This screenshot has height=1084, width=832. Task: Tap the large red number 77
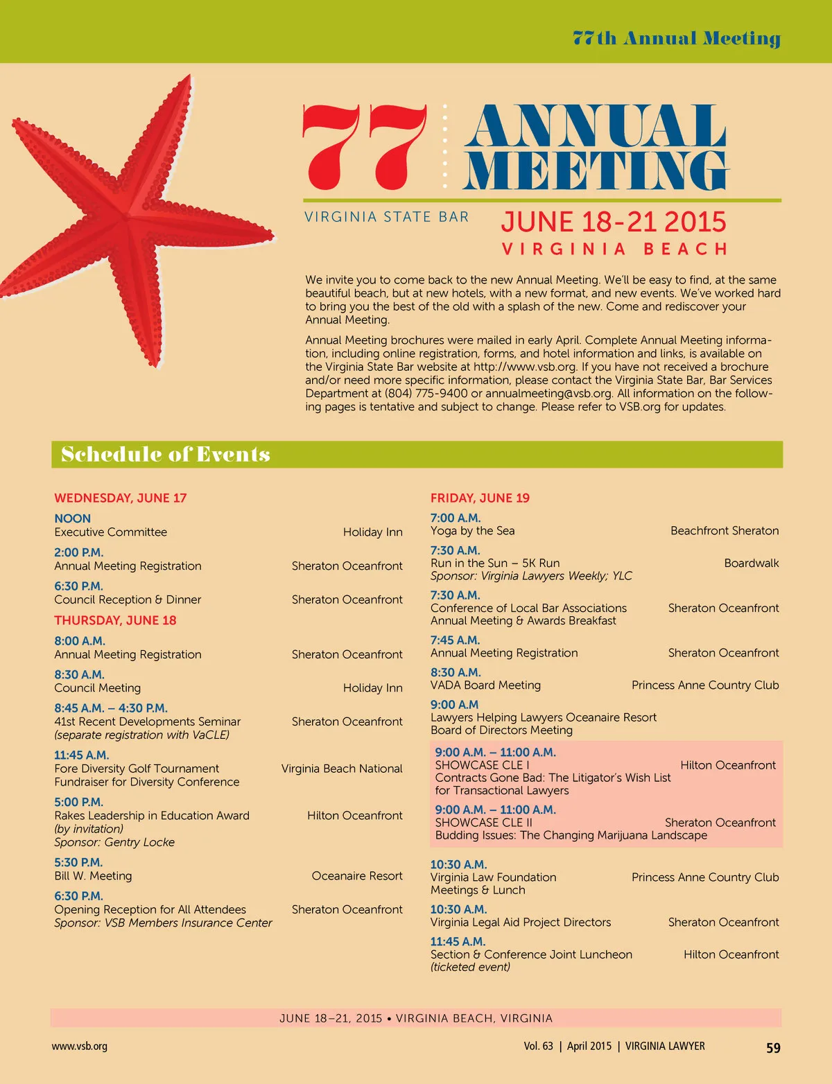coord(365,147)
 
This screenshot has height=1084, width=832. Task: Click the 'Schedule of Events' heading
coord(166,455)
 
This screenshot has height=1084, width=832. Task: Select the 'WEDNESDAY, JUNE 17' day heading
coord(121,498)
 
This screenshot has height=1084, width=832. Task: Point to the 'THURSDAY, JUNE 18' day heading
coord(115,620)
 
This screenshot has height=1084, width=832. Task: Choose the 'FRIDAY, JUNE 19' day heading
coord(480,498)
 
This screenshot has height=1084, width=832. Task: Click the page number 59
coord(773,1048)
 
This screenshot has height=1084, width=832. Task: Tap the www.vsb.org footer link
coord(79,1047)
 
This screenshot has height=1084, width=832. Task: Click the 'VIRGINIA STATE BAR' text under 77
coord(386,217)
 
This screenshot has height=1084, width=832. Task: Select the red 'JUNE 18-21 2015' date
coord(614,222)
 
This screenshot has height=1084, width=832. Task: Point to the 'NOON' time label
coord(73,518)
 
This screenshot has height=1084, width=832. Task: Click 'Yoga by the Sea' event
coord(473,531)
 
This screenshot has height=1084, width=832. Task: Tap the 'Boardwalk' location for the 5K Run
coord(752,563)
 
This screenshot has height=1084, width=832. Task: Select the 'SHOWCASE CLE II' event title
coord(484,823)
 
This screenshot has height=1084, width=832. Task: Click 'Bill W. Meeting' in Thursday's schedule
coord(93,876)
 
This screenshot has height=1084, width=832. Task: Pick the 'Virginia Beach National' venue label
coord(342,769)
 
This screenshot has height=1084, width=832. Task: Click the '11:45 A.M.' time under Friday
coord(458,941)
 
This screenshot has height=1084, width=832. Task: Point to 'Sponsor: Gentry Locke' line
coord(114,842)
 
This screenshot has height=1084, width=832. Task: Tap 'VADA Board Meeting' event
coord(485,685)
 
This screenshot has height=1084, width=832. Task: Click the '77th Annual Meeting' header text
coord(676,38)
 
